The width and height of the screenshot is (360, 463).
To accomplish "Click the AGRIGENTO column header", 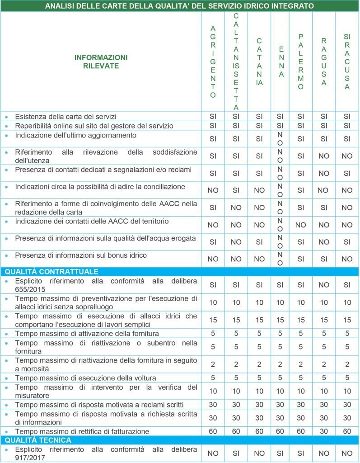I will click(213, 62).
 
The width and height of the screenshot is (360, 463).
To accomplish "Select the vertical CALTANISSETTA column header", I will click(236, 62).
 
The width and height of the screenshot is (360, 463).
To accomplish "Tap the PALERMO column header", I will click(301, 62).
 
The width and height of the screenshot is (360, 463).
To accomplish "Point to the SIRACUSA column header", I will click(347, 62).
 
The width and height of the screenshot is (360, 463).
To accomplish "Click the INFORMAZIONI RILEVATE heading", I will click(101, 62).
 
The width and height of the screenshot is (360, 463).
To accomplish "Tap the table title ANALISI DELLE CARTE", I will click(180, 6).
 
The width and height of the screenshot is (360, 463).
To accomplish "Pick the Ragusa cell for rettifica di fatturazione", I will click(324, 431).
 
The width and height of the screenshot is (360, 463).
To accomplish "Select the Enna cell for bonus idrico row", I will click(280, 259).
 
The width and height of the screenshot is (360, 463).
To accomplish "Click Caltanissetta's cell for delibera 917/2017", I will click(236, 453).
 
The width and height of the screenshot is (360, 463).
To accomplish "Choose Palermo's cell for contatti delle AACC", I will click(301, 225).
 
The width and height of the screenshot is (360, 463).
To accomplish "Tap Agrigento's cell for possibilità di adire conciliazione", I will click(213, 190).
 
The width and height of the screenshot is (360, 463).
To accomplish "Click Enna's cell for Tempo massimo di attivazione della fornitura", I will click(280, 334).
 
